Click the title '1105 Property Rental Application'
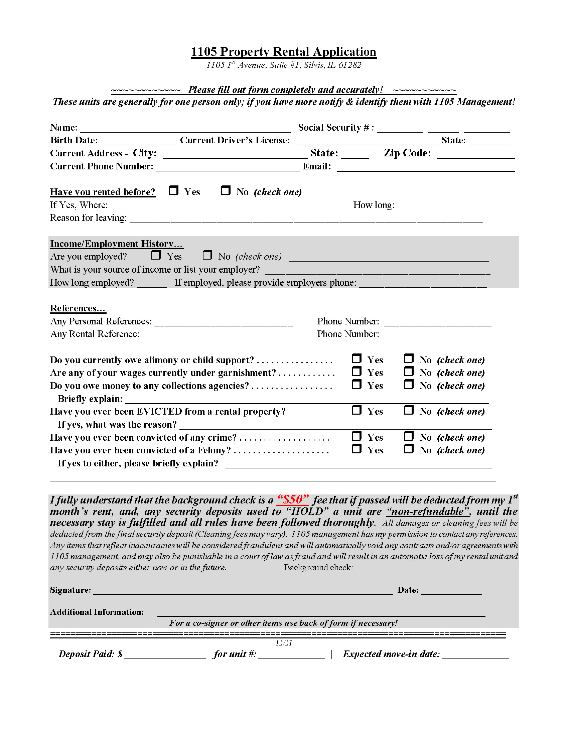pyautogui.click(x=283, y=52)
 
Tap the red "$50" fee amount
pyautogui.click(x=292, y=499)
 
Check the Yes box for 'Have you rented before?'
pyautogui.click(x=173, y=190)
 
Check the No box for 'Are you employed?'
pyautogui.click(x=207, y=255)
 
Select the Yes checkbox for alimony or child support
pyautogui.click(x=357, y=358)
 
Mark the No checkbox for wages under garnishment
pyautogui.click(x=409, y=371)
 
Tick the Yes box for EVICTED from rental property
pyautogui.click(x=357, y=410)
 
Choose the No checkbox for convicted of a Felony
pyautogui.click(x=409, y=449)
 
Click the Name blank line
pyautogui.click(x=185, y=129)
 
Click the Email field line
pyautogui.click(x=426, y=168)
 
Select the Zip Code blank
pyautogui.click(x=476, y=154)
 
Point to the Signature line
pyautogui.click(x=243, y=591)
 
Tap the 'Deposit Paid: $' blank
pyautogui.click(x=165, y=655)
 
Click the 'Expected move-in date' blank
pyautogui.click(x=475, y=655)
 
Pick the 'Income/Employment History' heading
pyautogui.click(x=116, y=244)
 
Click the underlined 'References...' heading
pyautogui.click(x=78, y=308)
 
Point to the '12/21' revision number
pyautogui.click(x=283, y=643)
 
